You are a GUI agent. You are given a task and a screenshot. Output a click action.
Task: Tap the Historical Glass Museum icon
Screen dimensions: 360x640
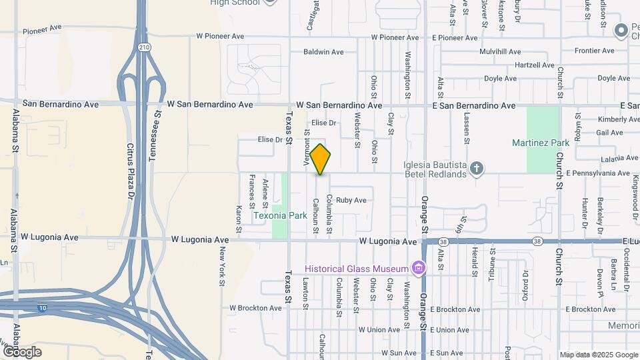pyautogui.click(x=418, y=268)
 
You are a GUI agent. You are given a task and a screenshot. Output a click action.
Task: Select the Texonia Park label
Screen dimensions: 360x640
pyautogui.click(x=280, y=215)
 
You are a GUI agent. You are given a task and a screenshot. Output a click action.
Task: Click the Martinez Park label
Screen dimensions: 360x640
pyautogui.click(x=541, y=143)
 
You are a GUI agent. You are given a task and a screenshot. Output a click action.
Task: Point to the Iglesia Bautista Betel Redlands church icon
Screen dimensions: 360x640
pyautogui.click(x=476, y=169)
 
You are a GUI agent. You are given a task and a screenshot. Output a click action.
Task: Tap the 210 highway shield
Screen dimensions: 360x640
pyautogui.click(x=144, y=47)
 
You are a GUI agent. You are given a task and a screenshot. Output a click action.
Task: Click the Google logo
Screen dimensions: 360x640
pyautogui.click(x=22, y=351)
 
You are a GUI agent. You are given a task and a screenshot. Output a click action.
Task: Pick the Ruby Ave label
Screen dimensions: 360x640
pyautogui.click(x=351, y=200)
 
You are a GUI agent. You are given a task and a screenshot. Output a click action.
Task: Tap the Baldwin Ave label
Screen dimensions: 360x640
pyautogui.click(x=323, y=51)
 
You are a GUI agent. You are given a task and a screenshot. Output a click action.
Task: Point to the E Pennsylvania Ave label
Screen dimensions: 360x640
pyautogui.click(x=597, y=173)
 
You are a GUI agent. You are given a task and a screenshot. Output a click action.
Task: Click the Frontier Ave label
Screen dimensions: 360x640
pyautogui.click(x=598, y=51)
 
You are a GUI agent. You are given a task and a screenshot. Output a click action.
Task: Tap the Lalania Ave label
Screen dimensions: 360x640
pyautogui.click(x=618, y=158)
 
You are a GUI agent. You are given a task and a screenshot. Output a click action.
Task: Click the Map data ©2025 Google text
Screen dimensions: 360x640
pyautogui.click(x=598, y=355)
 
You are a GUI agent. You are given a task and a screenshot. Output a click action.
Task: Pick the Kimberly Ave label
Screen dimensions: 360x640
pyautogui.click(x=619, y=119)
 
